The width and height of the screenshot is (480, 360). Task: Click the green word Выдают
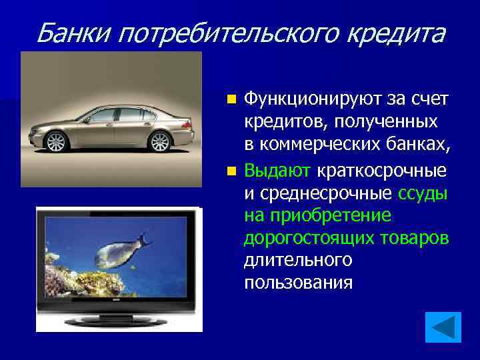coord(277,171)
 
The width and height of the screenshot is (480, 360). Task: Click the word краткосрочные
coord(381,171)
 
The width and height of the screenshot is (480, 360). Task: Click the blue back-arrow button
coord(443,327)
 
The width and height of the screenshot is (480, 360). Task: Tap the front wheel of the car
coord(56,141)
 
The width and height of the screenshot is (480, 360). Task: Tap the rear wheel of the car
coord(160,141)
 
